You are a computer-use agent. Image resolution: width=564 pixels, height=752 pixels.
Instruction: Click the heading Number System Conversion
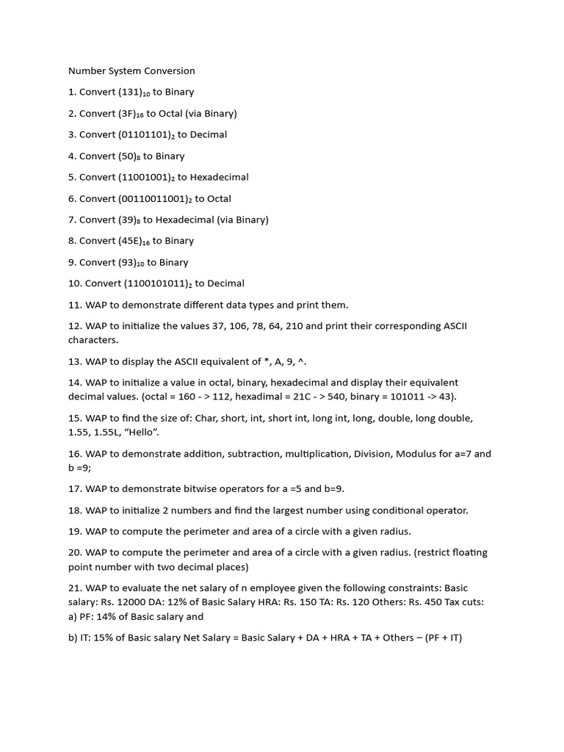tap(131, 71)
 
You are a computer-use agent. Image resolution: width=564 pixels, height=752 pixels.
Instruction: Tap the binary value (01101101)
tap(144, 135)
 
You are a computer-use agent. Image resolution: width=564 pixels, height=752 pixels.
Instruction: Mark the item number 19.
tap(75, 531)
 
